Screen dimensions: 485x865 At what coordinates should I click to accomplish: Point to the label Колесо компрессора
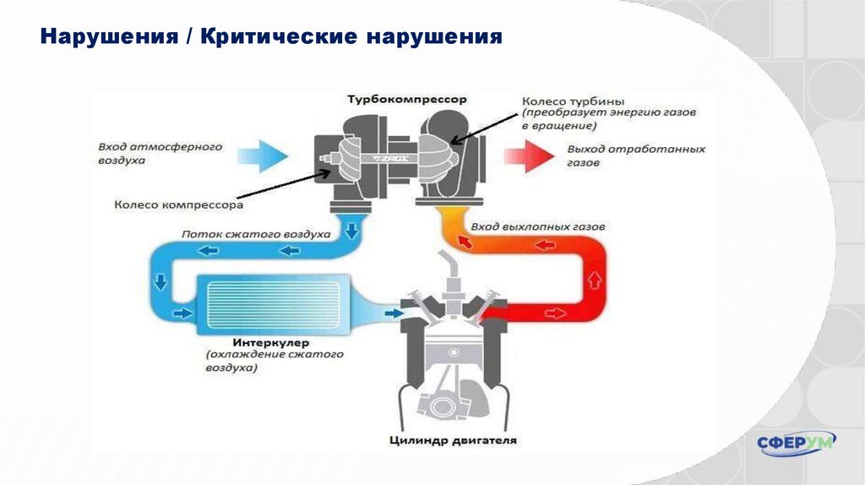[x=178, y=204]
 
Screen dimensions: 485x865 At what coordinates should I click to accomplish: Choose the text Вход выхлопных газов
[x=538, y=227]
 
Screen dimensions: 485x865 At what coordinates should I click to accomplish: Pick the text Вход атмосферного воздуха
[x=159, y=152]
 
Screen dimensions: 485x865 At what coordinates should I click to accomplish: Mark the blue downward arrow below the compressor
[x=351, y=226]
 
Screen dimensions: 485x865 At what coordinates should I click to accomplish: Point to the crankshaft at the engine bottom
[x=445, y=404]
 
